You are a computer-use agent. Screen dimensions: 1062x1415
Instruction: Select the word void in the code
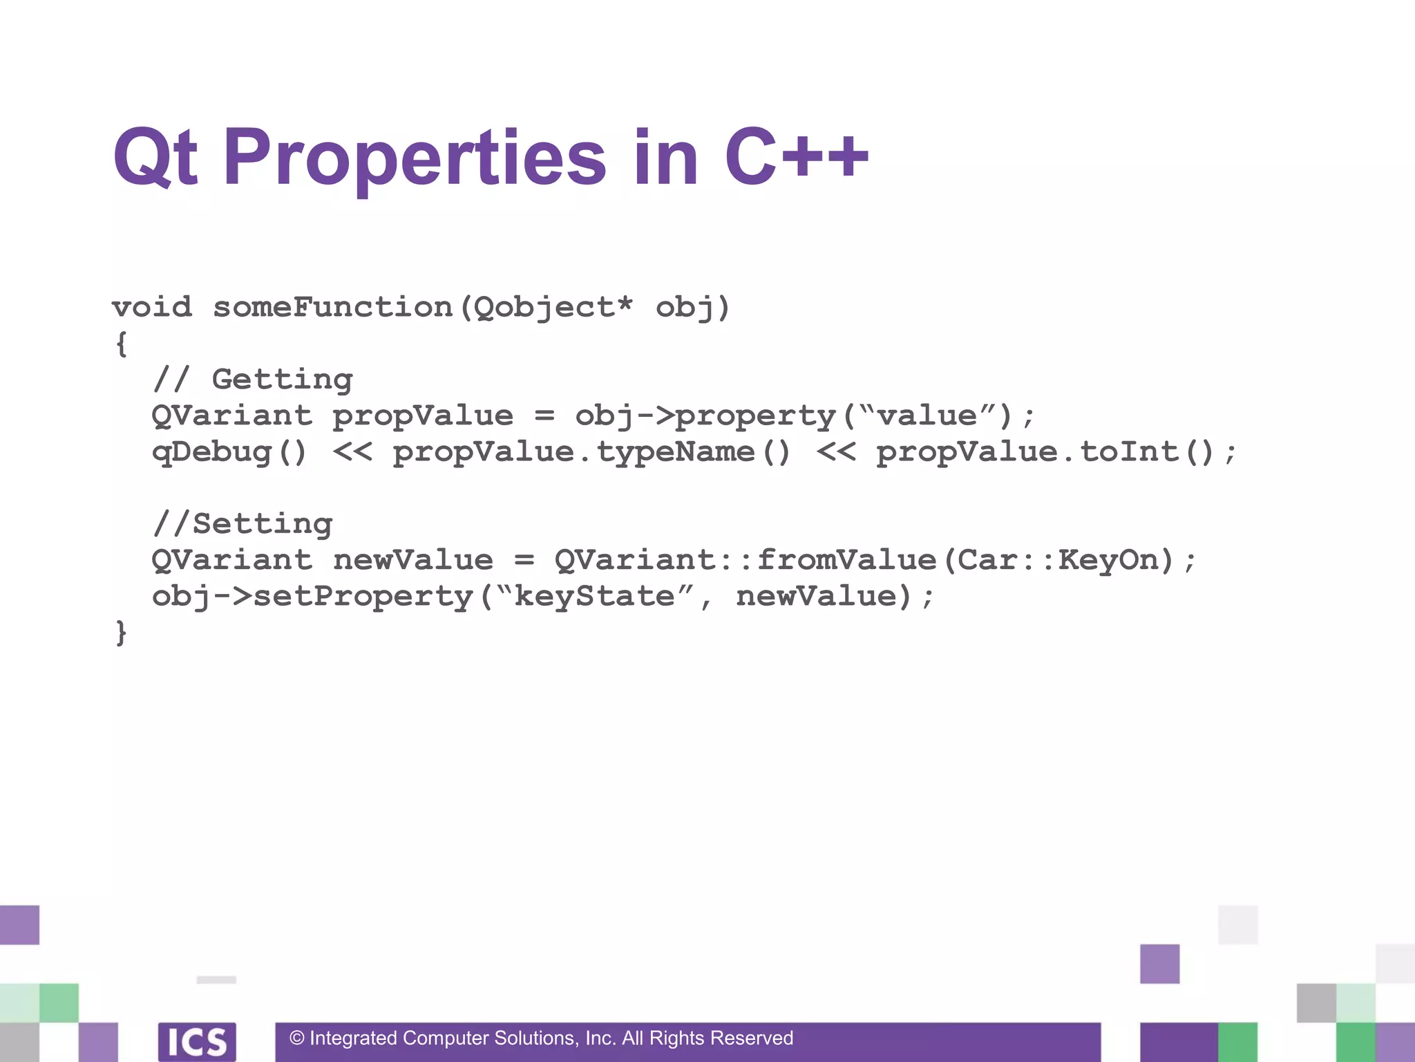point(152,307)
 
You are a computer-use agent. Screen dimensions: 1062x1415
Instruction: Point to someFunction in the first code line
point(332,307)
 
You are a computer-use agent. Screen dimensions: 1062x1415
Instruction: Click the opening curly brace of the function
point(122,343)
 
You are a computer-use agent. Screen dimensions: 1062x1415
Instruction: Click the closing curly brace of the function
point(122,632)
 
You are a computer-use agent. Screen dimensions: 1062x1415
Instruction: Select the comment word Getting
point(282,380)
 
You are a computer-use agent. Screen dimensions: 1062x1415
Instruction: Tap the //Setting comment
point(243,523)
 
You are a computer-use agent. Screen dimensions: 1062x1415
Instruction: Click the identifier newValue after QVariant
point(413,559)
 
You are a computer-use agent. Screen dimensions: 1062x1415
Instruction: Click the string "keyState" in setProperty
point(595,596)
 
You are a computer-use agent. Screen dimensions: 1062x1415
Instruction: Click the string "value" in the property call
point(927,416)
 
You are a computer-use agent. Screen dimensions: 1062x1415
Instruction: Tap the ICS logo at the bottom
point(197,1041)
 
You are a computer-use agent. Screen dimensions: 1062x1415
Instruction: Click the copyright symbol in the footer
point(297,1038)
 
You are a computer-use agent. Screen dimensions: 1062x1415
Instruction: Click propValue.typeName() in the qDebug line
point(591,451)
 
